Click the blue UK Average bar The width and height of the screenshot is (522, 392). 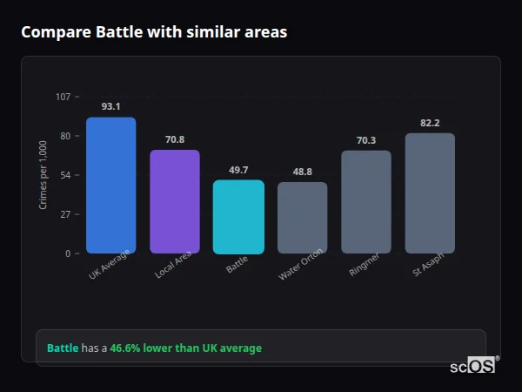[x=110, y=185]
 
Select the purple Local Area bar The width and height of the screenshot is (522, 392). [x=175, y=201]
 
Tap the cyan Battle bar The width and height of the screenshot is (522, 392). [x=238, y=217]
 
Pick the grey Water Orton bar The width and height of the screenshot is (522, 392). [x=302, y=218]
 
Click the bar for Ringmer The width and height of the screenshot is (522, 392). [x=366, y=202]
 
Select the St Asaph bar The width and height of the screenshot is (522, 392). [x=430, y=193]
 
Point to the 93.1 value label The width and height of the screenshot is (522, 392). [x=110, y=106]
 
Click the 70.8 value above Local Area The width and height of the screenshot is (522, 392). [x=175, y=139]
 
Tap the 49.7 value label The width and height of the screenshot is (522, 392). [x=238, y=170]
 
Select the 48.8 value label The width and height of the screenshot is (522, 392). [x=302, y=172]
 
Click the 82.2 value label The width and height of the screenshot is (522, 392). [x=430, y=123]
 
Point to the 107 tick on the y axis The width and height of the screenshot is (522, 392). [x=63, y=96]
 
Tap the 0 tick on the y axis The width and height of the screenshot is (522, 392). [x=67, y=253]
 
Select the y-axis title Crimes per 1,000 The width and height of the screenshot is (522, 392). [x=43, y=174]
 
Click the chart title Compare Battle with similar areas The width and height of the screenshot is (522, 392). [x=154, y=32]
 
